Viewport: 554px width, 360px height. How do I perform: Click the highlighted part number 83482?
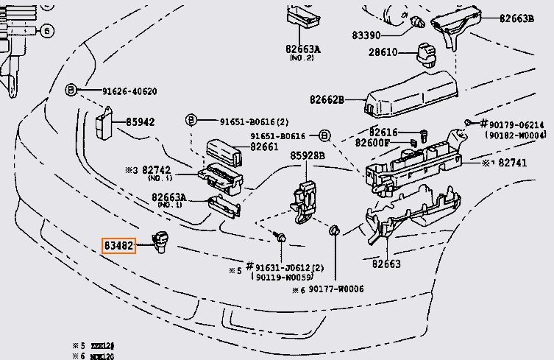click(x=118, y=245)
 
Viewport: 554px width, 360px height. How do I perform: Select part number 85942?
click(x=140, y=121)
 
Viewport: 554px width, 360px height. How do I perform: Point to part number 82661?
click(x=265, y=147)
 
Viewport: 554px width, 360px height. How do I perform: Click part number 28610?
click(x=383, y=52)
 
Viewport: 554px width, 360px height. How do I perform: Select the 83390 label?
click(x=366, y=35)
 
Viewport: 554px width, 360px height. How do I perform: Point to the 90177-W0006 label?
click(x=336, y=289)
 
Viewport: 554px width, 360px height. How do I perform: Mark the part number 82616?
click(x=383, y=132)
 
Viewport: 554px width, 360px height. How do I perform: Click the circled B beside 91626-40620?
click(x=71, y=90)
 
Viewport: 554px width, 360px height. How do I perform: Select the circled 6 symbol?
click(x=46, y=31)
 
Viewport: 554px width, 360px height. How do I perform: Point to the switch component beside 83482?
click(x=159, y=241)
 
